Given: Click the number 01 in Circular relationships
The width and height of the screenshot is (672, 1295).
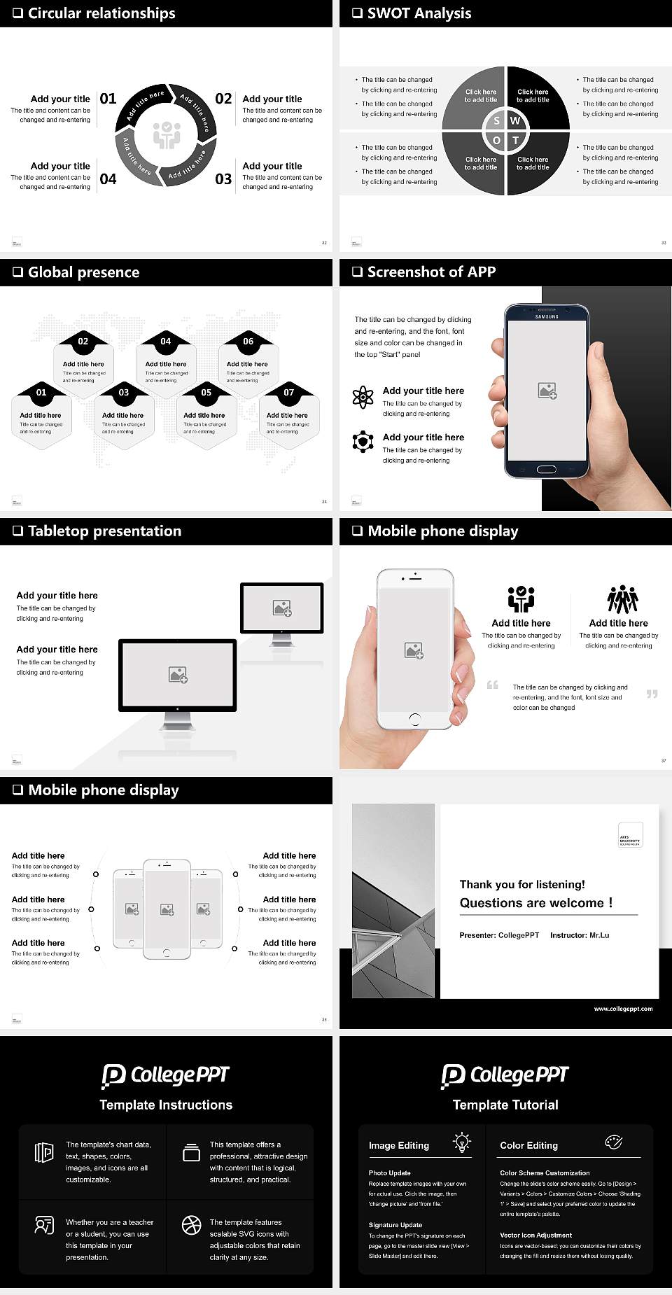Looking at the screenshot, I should point(108,99).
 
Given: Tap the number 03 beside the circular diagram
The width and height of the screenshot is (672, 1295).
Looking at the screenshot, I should point(223,179).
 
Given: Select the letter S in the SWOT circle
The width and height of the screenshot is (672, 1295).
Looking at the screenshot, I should point(496,120).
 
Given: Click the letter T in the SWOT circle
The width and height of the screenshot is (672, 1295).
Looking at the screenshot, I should point(516,140).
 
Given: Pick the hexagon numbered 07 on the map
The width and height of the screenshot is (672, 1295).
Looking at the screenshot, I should point(288,414).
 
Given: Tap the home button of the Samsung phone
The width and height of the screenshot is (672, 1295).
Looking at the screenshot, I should point(547,469).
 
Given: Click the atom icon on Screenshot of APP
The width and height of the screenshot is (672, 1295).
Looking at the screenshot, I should point(363,397).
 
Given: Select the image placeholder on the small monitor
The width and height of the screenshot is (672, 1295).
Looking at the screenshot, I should point(282,608).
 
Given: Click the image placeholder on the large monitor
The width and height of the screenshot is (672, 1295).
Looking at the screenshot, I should point(178,674).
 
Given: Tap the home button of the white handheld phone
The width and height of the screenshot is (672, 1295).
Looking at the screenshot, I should point(414,719).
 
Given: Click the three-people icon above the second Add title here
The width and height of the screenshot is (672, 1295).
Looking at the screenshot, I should point(622,599).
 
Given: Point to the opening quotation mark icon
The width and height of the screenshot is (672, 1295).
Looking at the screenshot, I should point(493,685).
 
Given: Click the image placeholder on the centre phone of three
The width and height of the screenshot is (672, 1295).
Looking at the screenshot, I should point(167,909).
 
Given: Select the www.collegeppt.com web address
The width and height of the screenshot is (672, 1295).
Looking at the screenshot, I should point(622,1009).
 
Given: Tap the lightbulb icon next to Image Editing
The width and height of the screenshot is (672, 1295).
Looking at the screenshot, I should point(462,1142).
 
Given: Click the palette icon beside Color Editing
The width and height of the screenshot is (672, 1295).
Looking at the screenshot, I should point(613,1142).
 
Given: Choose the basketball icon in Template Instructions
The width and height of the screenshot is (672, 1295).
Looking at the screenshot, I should point(191,1224).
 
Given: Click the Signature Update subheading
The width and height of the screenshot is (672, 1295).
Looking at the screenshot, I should point(395,1225).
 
